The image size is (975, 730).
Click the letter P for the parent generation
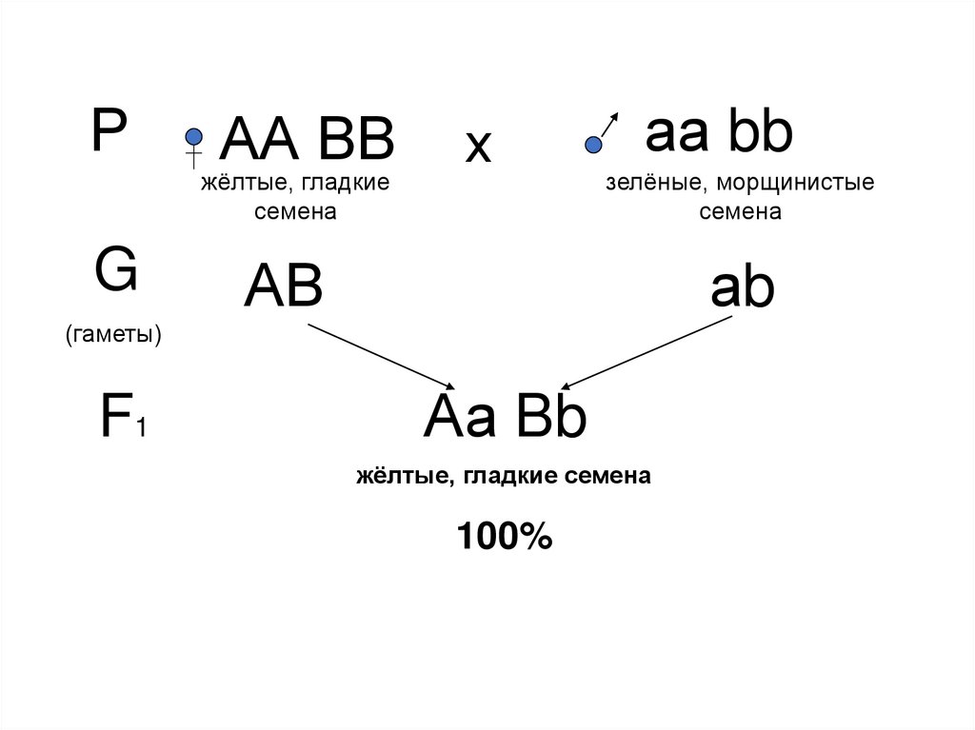109,131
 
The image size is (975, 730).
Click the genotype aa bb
719,134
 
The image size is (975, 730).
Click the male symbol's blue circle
593,145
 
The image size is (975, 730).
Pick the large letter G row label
115,271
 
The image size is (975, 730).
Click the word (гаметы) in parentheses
112,334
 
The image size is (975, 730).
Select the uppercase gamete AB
283,286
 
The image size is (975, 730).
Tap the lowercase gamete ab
743,287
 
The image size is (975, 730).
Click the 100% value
504,538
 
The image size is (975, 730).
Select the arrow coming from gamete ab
647,352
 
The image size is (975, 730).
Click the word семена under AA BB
295,211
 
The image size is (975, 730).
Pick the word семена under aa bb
740,211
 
